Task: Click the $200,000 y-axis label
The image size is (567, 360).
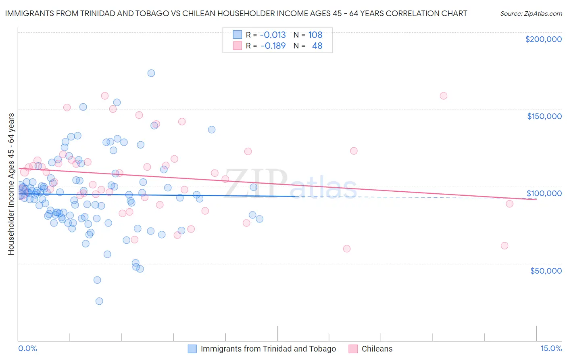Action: (x=543, y=39)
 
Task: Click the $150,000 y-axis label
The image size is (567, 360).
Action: (x=544, y=116)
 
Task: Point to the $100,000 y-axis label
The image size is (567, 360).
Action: (x=544, y=193)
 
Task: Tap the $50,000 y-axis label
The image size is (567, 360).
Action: (x=546, y=270)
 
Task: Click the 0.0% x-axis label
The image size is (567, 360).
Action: (x=27, y=348)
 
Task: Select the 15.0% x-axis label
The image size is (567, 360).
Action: (x=551, y=348)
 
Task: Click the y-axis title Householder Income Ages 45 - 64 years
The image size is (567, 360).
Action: (x=11, y=184)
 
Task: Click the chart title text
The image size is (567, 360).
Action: (x=236, y=13)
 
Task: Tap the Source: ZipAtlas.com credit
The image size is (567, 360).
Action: (x=531, y=14)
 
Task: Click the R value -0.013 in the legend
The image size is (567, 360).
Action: (x=273, y=35)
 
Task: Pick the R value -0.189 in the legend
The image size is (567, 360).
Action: (x=273, y=46)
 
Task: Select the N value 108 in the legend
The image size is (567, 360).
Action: (x=315, y=35)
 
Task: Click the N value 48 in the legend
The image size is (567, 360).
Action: (x=317, y=46)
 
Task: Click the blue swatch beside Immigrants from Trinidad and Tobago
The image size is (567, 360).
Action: (x=192, y=349)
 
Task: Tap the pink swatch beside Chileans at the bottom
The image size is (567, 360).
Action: (x=353, y=349)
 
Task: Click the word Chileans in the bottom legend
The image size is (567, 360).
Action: (x=377, y=349)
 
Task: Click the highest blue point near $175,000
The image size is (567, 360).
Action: (x=151, y=73)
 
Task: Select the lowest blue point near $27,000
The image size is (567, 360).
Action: (x=99, y=301)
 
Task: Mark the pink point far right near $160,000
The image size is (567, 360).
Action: (x=444, y=96)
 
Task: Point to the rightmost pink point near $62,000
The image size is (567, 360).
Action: (x=504, y=246)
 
